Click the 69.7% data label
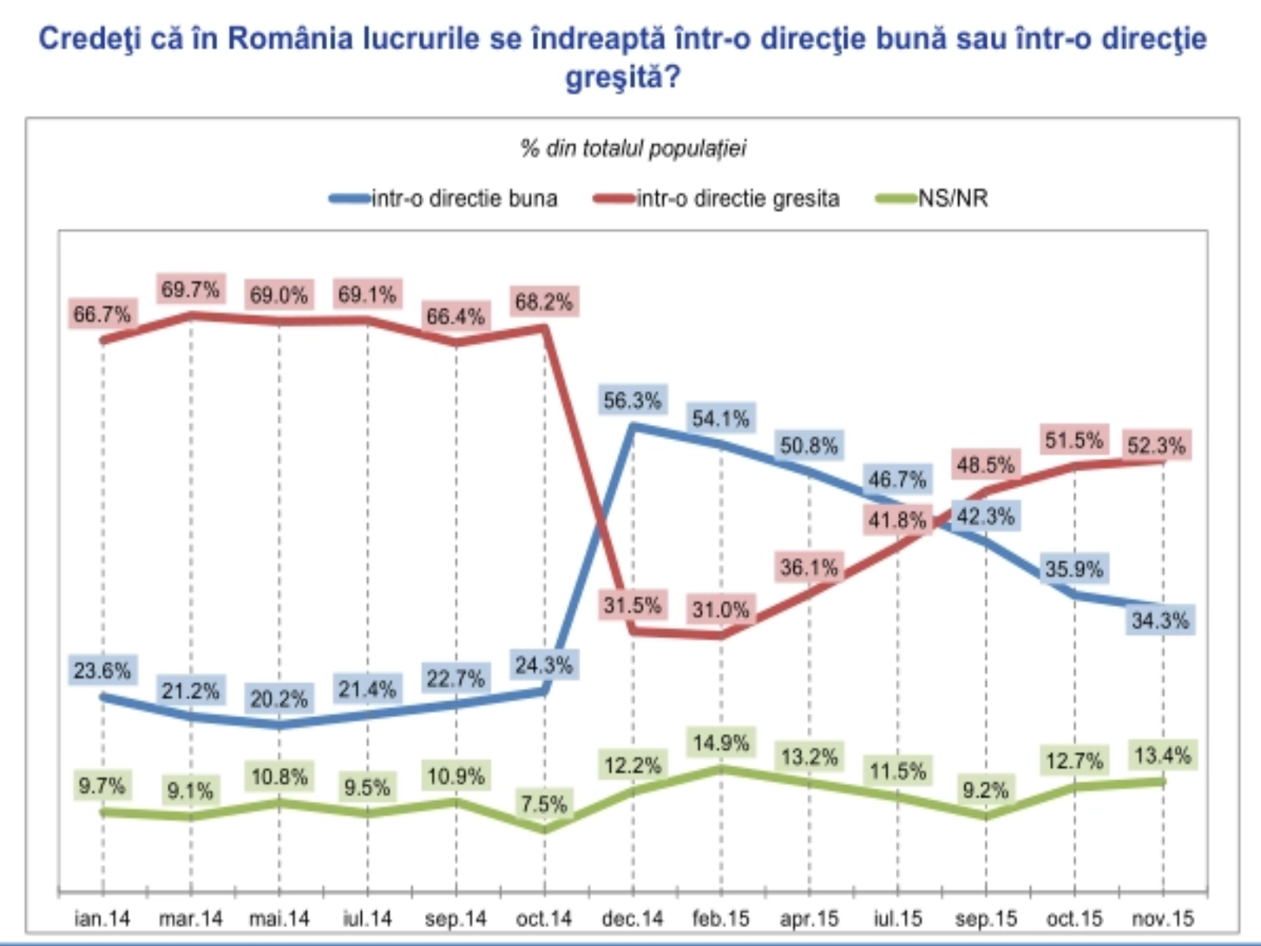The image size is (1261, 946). [x=190, y=289]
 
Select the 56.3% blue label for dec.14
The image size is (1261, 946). [x=632, y=400]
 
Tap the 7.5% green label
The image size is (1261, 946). [x=544, y=804]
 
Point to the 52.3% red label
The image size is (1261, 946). [x=1155, y=445]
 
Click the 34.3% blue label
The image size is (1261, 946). [x=1160, y=620]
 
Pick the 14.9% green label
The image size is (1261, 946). [x=720, y=743]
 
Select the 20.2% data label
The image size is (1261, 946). [x=278, y=698]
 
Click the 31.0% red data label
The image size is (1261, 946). [x=720, y=609]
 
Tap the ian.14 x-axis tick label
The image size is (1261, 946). [x=102, y=918]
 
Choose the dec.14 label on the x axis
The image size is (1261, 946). [x=632, y=918]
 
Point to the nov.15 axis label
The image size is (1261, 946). [x=1162, y=918]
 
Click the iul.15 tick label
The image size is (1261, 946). [x=898, y=918]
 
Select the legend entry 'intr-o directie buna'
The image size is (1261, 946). [x=444, y=198]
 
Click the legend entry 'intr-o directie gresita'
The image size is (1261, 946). [x=717, y=198]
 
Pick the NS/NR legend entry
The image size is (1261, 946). [x=933, y=198]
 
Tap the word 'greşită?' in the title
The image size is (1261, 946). [x=623, y=77]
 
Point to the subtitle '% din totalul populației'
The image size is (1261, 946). [x=632, y=148]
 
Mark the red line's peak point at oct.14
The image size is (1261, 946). [x=545, y=327]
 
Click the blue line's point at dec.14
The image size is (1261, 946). [x=633, y=426]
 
